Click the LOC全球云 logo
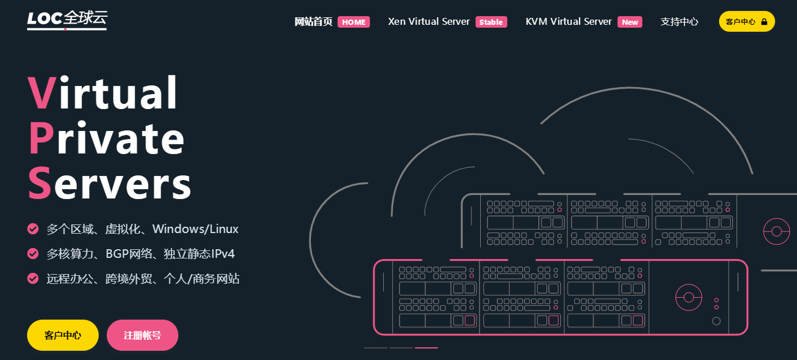(67, 20)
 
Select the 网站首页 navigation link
(313, 22)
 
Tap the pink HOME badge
(354, 22)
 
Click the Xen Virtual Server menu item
(429, 22)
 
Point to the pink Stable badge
(491, 22)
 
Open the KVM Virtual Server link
(568, 22)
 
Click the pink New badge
(630, 22)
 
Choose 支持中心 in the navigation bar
(679, 22)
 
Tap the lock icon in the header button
(764, 22)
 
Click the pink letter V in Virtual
(42, 93)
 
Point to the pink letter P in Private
(40, 138)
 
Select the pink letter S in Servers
(40, 183)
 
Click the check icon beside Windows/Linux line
(33, 229)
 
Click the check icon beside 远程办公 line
(33, 279)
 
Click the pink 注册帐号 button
(143, 335)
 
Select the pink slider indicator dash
(426, 348)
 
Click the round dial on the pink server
(689, 297)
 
